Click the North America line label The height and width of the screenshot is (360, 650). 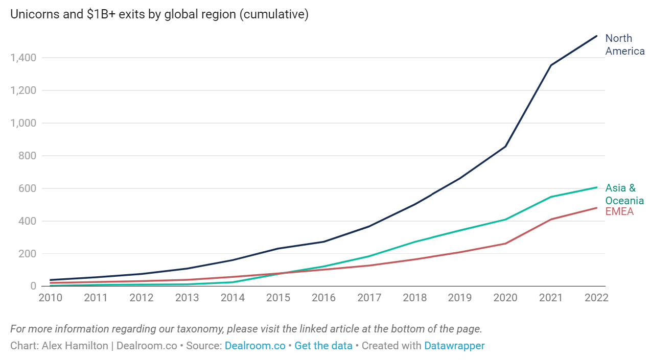(624, 45)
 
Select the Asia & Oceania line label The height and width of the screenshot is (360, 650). (624, 194)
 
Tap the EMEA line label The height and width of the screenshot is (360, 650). (619, 211)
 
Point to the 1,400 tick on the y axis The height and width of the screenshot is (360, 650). (23, 58)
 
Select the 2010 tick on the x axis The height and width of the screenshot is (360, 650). (51, 298)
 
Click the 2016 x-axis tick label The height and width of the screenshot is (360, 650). (323, 298)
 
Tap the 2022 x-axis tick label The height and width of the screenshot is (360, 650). (596, 298)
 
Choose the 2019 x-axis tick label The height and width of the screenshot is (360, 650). (460, 298)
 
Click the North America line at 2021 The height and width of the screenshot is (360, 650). (551, 65)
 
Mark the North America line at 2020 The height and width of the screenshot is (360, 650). (505, 147)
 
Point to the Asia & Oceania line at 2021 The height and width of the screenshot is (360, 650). (551, 197)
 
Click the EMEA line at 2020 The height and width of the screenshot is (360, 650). (505, 244)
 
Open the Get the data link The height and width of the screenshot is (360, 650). (323, 346)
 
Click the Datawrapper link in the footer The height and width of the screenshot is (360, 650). (454, 346)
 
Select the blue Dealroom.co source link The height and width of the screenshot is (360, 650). (255, 346)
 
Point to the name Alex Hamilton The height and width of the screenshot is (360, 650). (75, 346)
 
